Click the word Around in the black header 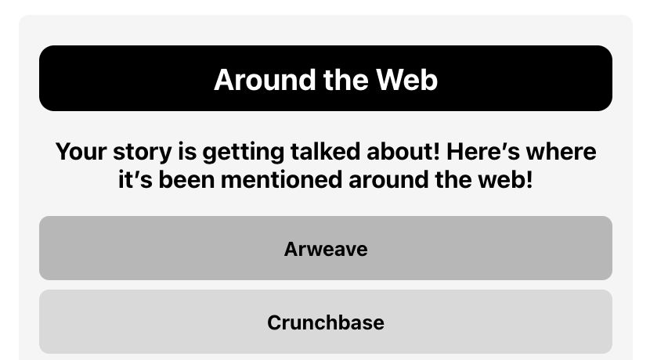click(265, 80)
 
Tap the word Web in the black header click(406, 80)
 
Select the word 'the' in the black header click(345, 80)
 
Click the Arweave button click(326, 248)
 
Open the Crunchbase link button click(326, 322)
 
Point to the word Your click(81, 152)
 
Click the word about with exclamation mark click(403, 151)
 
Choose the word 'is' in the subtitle click(187, 151)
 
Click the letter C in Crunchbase click(275, 322)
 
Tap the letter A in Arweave click(292, 249)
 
